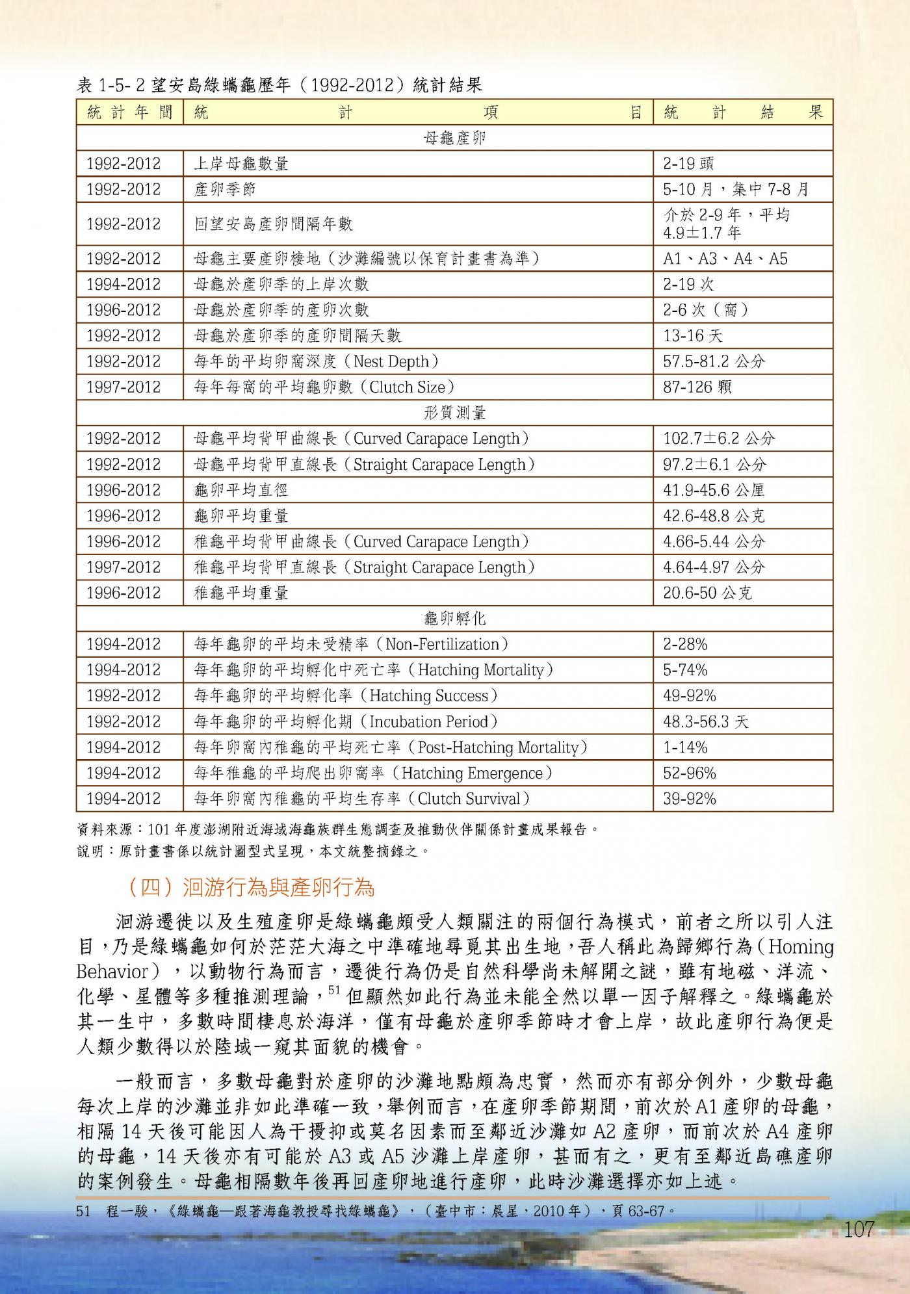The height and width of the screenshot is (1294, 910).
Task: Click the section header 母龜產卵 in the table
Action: pyautogui.click(x=454, y=138)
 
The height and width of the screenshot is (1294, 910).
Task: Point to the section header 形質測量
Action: pyautogui.click(x=454, y=413)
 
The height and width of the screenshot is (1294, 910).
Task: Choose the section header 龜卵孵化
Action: pyautogui.click(x=454, y=619)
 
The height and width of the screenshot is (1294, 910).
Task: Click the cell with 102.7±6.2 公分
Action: pyautogui.click(x=718, y=439)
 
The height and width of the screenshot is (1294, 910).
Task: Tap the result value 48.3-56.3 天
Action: pyautogui.click(x=705, y=721)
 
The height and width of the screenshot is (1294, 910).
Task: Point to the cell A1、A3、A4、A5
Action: pyautogui.click(x=725, y=259)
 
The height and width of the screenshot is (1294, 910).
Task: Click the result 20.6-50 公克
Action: pyautogui.click(x=707, y=593)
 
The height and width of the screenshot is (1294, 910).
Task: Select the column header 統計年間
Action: pyautogui.click(x=129, y=112)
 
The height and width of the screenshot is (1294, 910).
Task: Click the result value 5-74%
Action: pyautogui.click(x=685, y=670)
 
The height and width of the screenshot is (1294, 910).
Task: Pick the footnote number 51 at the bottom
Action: pyautogui.click(x=83, y=1211)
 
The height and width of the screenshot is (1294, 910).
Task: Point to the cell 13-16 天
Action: pyautogui.click(x=692, y=336)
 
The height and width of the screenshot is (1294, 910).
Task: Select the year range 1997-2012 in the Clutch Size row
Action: pyautogui.click(x=123, y=387)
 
